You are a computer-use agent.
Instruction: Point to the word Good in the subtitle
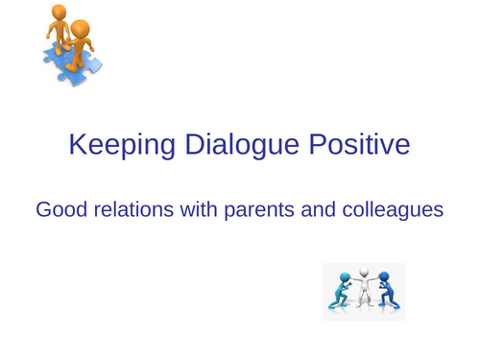click(59, 208)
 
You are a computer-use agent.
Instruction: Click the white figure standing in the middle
click(364, 290)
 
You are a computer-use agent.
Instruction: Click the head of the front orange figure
click(80, 29)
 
